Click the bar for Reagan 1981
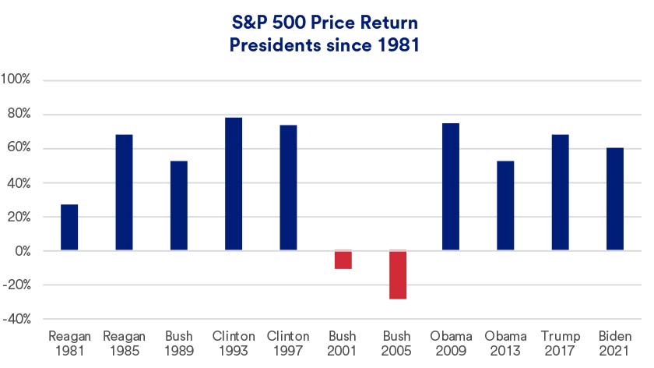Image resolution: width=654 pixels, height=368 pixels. click(69, 228)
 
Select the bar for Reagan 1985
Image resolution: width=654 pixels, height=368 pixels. click(124, 193)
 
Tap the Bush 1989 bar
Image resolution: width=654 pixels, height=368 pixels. click(178, 206)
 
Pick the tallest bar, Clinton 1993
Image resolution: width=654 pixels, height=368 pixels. click(234, 184)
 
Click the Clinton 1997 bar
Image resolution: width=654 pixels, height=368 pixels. click(288, 188)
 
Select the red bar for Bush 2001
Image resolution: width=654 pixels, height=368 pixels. click(343, 260)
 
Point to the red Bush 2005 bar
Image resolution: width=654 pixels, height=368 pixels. click(398, 274)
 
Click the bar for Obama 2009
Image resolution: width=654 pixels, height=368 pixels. click(452, 187)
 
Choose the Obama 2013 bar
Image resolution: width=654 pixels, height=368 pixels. click(507, 206)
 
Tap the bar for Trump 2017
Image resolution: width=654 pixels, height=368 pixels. click(561, 193)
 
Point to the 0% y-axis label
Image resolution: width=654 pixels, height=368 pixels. click(20, 251)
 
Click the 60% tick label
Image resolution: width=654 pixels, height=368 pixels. click(18, 149)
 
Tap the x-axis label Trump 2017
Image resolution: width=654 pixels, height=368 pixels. click(561, 343)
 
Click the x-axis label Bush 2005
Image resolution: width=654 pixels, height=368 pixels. click(398, 343)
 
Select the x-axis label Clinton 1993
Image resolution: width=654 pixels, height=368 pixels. click(234, 343)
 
